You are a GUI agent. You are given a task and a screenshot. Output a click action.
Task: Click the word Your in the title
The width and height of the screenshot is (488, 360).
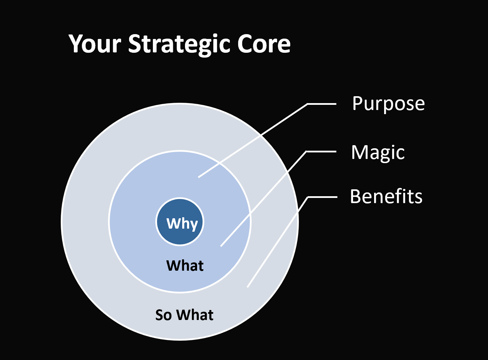pyautogui.click(x=95, y=44)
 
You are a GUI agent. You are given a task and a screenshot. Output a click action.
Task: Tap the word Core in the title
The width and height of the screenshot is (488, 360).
pyautogui.click(x=264, y=44)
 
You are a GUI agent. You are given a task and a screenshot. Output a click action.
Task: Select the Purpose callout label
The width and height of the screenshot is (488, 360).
pyautogui.click(x=388, y=104)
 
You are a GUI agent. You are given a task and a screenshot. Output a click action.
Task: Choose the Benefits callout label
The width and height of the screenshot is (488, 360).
pyautogui.click(x=386, y=197)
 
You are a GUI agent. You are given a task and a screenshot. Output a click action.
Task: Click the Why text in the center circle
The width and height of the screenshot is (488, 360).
pyautogui.click(x=182, y=224)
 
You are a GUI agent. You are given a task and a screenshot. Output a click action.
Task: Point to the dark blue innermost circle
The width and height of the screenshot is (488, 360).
pyautogui.click(x=180, y=221)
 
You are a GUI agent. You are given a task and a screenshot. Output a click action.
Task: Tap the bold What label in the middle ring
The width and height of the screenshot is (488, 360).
pyautogui.click(x=185, y=266)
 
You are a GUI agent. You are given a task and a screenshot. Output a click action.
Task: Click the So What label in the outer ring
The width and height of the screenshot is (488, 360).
pyautogui.click(x=184, y=315)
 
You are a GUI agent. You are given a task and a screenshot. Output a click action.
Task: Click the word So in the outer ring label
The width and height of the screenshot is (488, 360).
pyautogui.click(x=164, y=315)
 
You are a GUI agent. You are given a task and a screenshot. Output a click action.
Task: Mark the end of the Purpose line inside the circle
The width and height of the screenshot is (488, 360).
pyautogui.click(x=198, y=177)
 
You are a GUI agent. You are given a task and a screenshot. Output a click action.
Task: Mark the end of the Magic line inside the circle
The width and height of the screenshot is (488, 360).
pyautogui.click(x=221, y=246)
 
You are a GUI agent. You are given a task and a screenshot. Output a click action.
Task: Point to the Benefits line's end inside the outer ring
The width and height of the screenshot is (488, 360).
pyautogui.click(x=247, y=287)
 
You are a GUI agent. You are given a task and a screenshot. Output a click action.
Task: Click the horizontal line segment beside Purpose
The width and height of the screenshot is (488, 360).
pyautogui.click(x=322, y=104)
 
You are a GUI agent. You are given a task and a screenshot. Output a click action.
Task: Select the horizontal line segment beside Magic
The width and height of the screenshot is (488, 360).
pyautogui.click(x=321, y=151)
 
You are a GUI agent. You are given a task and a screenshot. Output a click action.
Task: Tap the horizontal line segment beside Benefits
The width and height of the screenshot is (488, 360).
pyautogui.click(x=322, y=197)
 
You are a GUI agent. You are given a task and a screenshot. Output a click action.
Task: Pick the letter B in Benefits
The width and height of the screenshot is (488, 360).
pyautogui.click(x=355, y=196)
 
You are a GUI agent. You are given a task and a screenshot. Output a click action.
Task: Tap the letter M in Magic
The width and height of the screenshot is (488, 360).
pyautogui.click(x=359, y=152)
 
